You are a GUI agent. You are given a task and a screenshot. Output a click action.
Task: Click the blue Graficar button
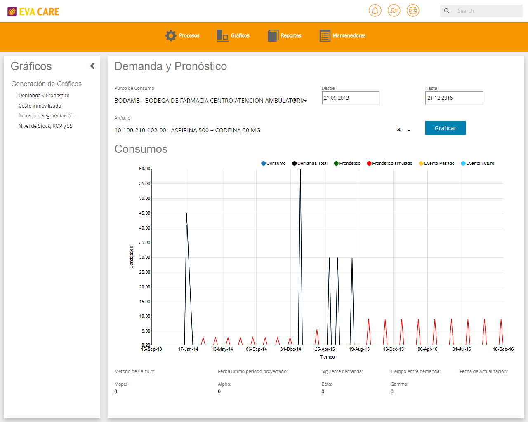tap(445, 128)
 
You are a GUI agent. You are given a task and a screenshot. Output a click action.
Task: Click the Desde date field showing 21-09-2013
tap(350, 98)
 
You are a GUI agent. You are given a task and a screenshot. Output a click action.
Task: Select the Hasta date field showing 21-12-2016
tap(454, 98)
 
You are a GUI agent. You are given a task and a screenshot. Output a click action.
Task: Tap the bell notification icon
tap(375, 11)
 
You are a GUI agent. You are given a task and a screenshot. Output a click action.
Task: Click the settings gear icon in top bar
tap(413, 11)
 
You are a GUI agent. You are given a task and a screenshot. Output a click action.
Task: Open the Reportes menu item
tap(284, 35)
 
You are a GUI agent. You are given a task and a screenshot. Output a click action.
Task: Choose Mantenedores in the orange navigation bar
tap(342, 35)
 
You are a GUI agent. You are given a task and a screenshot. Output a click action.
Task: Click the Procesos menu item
tap(182, 35)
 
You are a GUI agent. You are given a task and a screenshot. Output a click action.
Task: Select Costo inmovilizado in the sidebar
tap(40, 105)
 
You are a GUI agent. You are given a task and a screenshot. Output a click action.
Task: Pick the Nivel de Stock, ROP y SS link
tap(45, 126)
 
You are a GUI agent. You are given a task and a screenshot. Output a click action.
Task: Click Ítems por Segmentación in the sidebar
tap(46, 116)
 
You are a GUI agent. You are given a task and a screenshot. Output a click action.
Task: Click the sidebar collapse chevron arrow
tap(92, 66)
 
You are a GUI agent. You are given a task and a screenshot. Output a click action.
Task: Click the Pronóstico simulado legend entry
tap(389, 163)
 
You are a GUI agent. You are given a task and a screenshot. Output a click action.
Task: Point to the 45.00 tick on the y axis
tap(144, 213)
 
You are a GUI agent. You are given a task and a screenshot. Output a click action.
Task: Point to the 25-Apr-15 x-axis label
tap(325, 349)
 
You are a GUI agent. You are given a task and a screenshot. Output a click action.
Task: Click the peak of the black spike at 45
tap(186, 213)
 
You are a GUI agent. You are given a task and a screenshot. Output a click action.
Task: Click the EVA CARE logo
tap(33, 12)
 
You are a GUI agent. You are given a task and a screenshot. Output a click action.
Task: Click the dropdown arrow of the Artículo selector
tap(408, 131)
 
